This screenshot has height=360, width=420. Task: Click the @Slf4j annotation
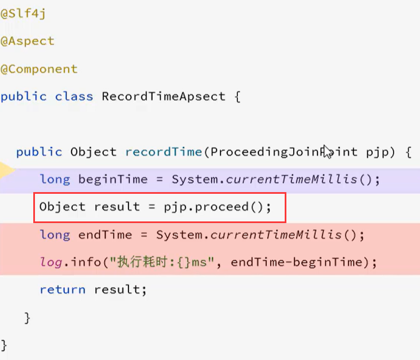point(23,14)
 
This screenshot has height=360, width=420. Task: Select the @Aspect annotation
point(28,41)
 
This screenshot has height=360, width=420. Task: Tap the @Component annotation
point(39,69)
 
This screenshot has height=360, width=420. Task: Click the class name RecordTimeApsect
point(163,96)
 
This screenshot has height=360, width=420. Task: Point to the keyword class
point(74,96)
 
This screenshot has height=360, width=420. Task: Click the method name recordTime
point(163,152)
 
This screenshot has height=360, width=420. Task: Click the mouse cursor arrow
point(327,151)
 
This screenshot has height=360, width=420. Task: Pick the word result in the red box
point(117,207)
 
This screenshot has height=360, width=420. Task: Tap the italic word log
point(50,262)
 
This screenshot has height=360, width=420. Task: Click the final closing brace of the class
point(5,344)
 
